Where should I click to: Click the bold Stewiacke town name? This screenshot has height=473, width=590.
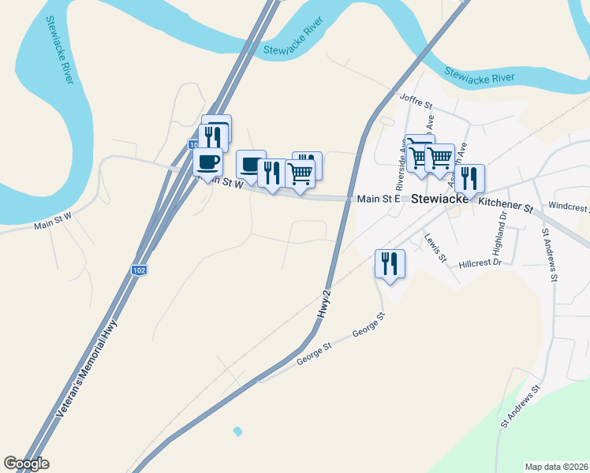[443, 199]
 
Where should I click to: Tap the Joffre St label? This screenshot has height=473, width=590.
[417, 101]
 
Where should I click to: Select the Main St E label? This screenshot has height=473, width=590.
[379, 199]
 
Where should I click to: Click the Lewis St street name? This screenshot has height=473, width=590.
[435, 247]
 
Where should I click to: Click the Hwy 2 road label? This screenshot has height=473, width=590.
[323, 304]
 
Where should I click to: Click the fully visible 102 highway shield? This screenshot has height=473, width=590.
[138, 270]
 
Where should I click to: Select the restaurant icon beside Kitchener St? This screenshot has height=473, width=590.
[469, 179]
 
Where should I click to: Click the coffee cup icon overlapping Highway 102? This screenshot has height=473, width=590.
[208, 162]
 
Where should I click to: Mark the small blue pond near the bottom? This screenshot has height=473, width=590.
[238, 431]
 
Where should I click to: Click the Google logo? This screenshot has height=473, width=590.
[26, 464]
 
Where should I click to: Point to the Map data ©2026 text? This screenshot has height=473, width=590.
[556, 467]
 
